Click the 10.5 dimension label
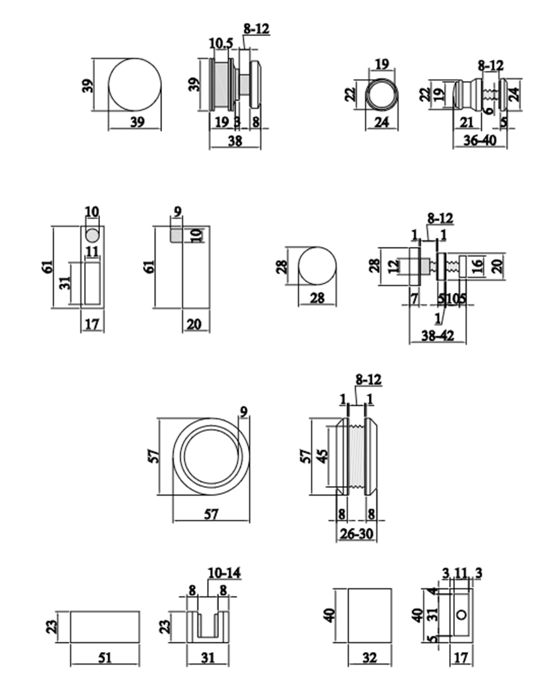pos(221,43)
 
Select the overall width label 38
pos(235,142)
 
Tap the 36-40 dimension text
pos(480,141)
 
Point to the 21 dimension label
pos(468,122)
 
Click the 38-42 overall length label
pos(438,336)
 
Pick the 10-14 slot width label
pos(224,574)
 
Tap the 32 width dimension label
pos(370,658)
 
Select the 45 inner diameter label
pos(323,457)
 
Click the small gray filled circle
pos(92,235)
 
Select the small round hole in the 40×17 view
pos(463,615)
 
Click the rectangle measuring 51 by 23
pos(104,627)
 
